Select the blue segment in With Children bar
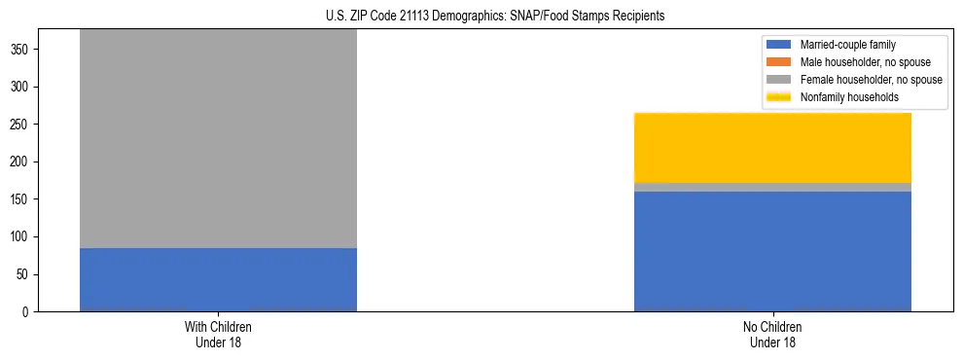pyautogui.click(x=218, y=280)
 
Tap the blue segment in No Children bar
pyautogui.click(x=772, y=251)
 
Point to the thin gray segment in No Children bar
pyautogui.click(x=772, y=187)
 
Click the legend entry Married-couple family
pyautogui.click(x=847, y=45)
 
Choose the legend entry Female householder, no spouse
pyautogui.click(x=871, y=80)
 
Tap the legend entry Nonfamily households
pyautogui.click(x=849, y=97)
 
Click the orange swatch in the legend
pyautogui.click(x=780, y=62)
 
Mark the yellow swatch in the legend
pyautogui.click(x=780, y=97)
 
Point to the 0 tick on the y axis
pyautogui.click(x=30, y=312)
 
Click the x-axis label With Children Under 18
pyautogui.click(x=218, y=335)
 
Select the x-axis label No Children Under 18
pyautogui.click(x=772, y=335)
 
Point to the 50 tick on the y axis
pyautogui.click(x=26, y=274)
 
